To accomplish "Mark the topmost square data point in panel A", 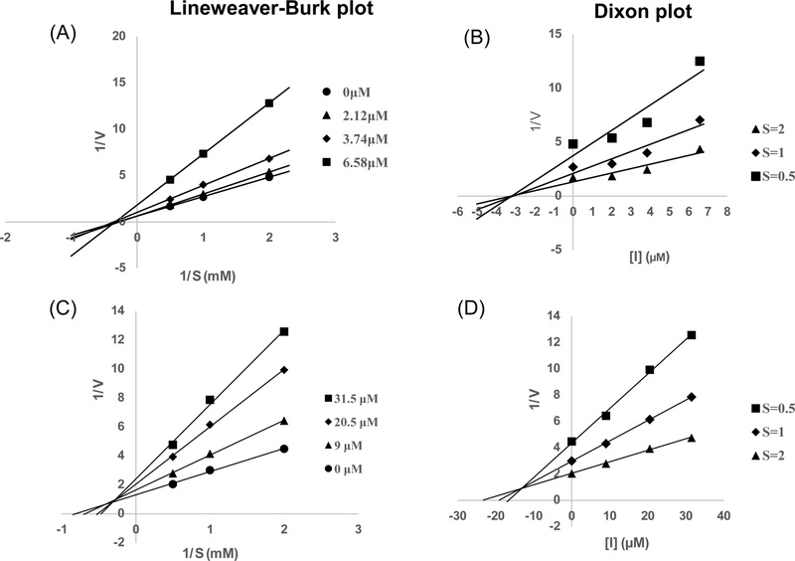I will (x=269, y=103).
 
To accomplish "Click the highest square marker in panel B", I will (x=700, y=62).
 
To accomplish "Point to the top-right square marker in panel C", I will (x=284, y=331).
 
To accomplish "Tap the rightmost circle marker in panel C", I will (x=284, y=449).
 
